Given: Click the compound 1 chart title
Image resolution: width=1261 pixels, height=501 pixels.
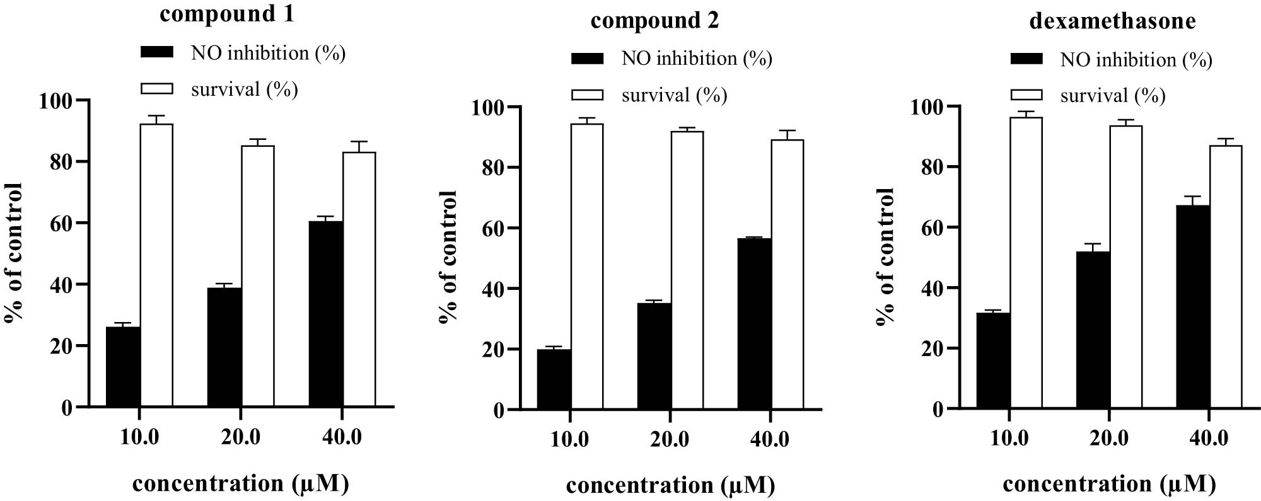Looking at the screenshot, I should tap(226, 14).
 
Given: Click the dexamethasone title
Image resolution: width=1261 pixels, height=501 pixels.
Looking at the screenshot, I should tap(1112, 21).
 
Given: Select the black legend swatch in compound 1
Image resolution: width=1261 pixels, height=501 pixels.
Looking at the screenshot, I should tap(156, 53).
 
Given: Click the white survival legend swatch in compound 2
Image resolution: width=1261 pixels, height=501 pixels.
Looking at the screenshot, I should tap(587, 95).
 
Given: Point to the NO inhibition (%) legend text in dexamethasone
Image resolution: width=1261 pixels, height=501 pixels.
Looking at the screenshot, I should tap(1136, 60).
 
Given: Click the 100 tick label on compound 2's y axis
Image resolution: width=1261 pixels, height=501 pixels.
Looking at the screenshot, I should tap(489, 107).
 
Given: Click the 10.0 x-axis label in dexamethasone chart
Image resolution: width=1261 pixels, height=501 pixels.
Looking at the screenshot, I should tap(1009, 438).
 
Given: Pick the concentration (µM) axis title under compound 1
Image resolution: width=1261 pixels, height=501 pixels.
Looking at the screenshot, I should tap(240, 483).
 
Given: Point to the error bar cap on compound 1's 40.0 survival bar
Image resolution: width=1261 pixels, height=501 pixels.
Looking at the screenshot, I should tap(359, 141).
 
